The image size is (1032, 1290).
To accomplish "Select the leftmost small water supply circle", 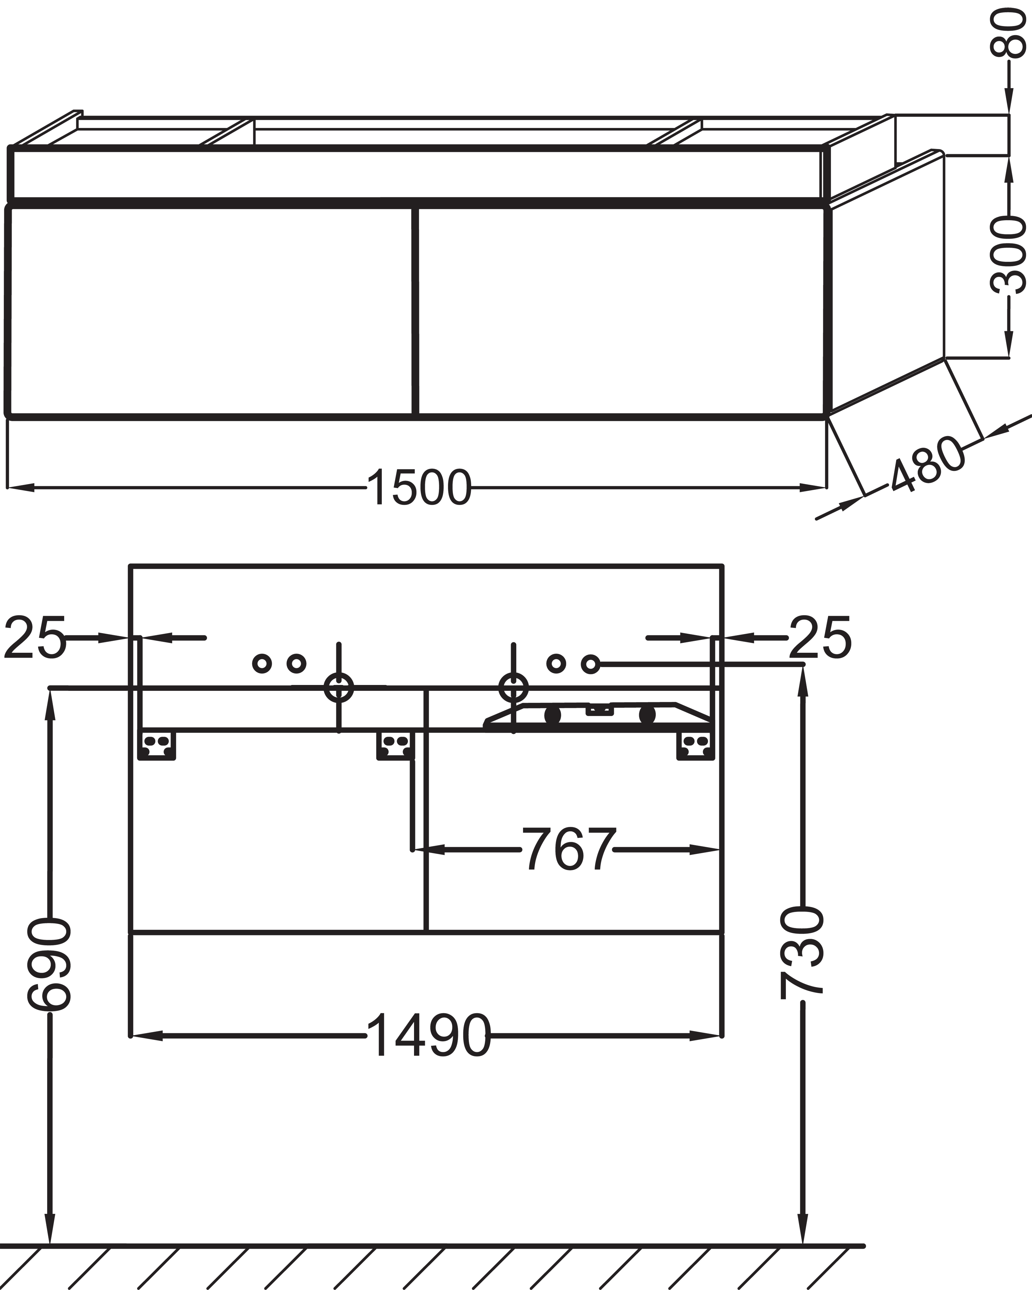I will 262,663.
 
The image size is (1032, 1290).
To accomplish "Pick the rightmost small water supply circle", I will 590,663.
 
